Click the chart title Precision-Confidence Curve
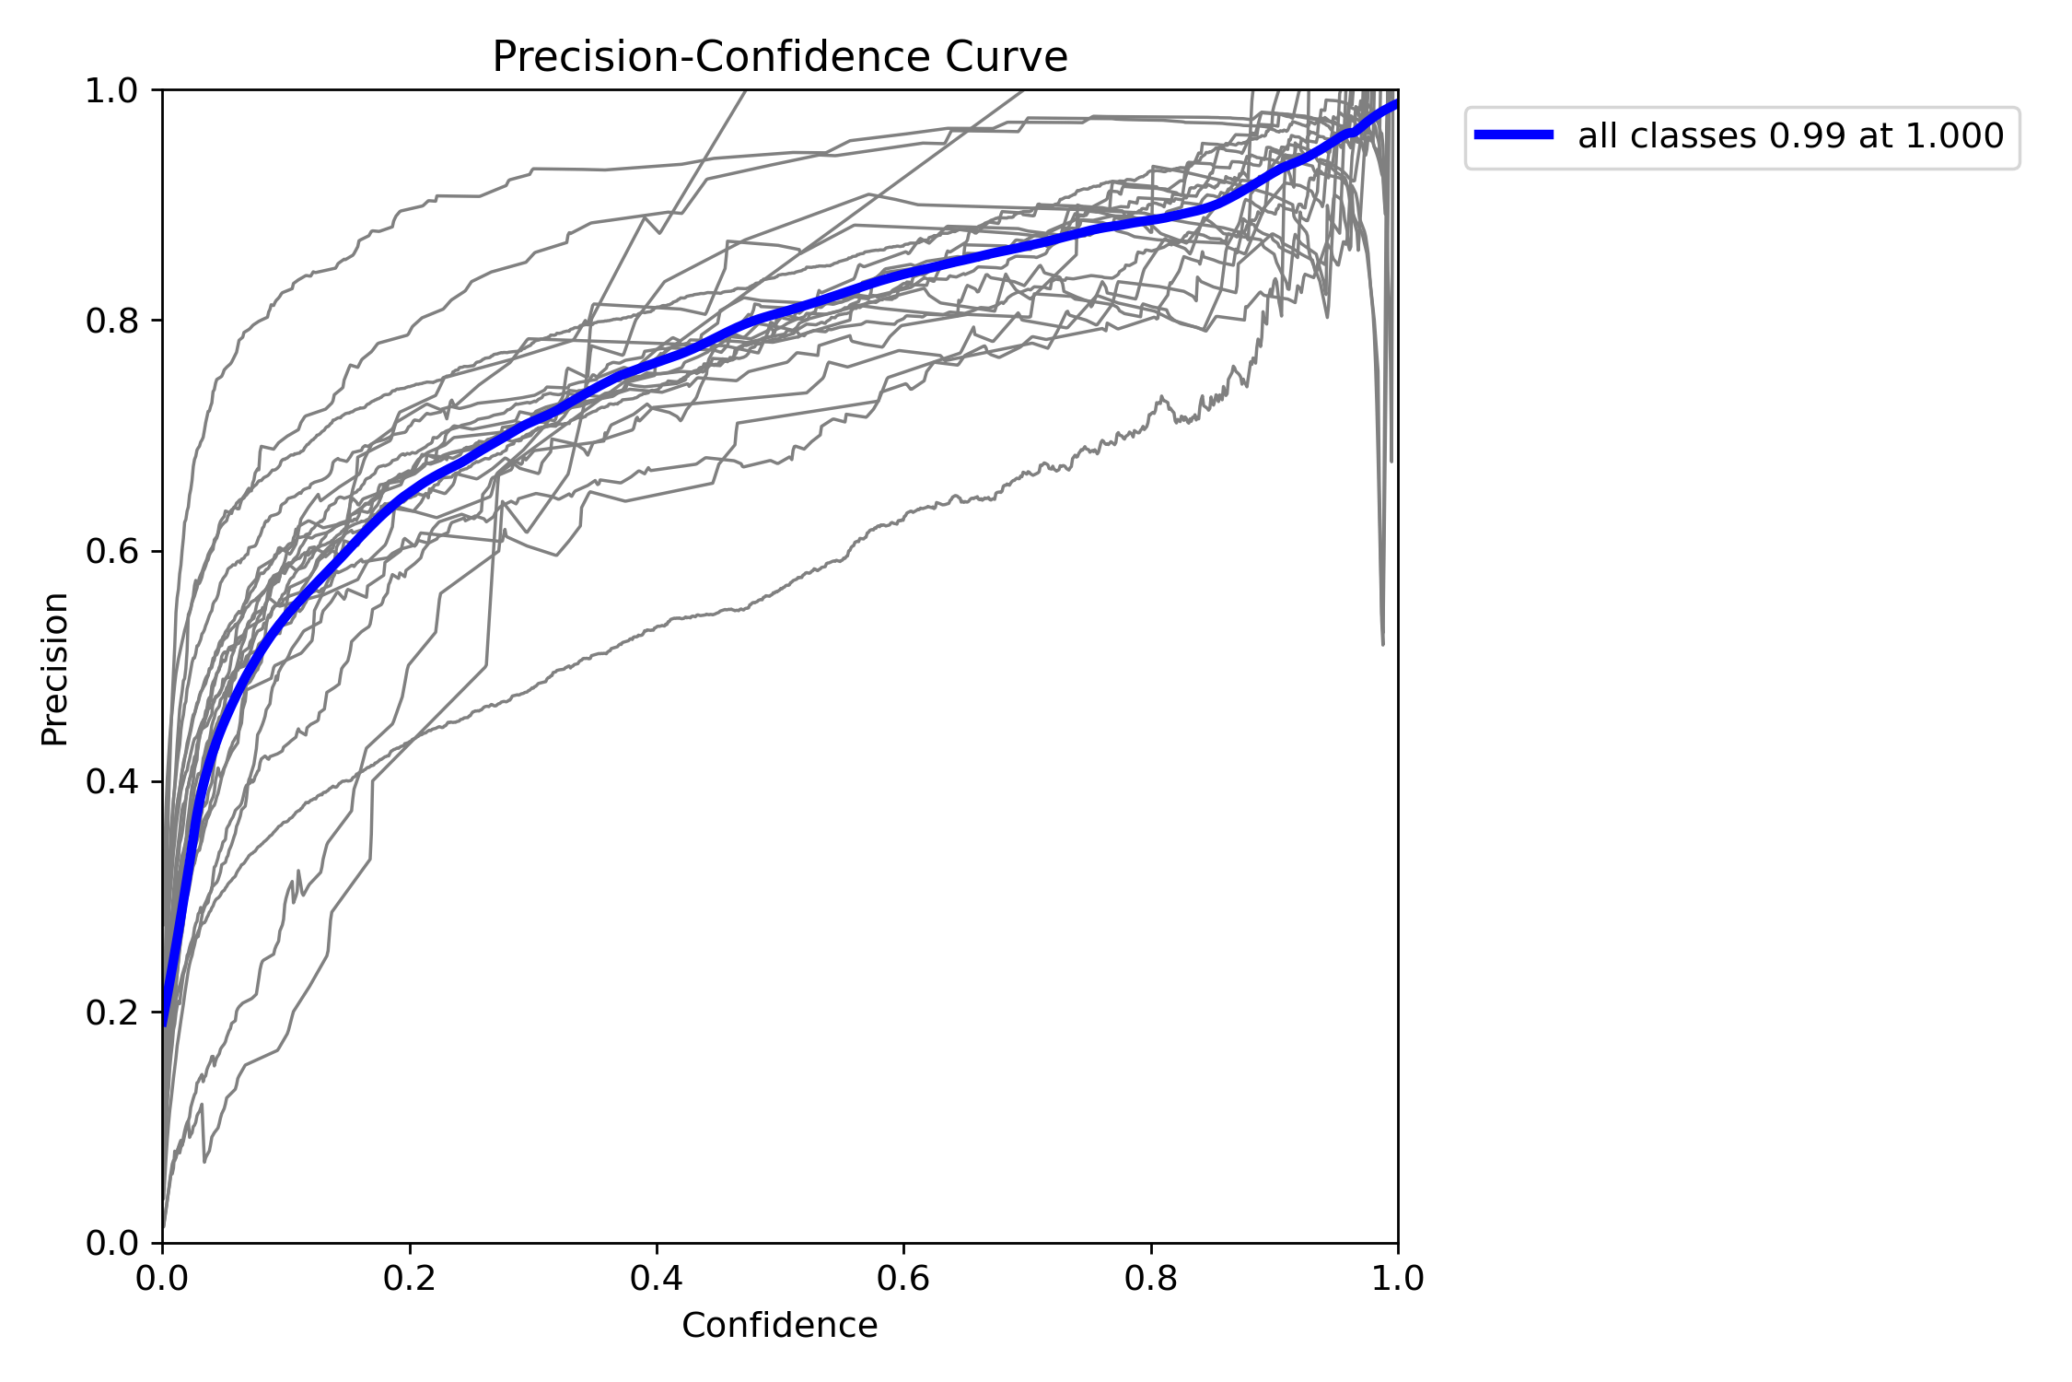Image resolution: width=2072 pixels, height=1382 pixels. (x=779, y=57)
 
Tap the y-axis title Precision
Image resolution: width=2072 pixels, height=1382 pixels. (x=55, y=668)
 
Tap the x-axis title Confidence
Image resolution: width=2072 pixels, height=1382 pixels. (x=779, y=1325)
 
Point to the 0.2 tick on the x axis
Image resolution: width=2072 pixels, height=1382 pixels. (x=409, y=1279)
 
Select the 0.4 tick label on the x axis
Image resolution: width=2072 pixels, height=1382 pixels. (x=656, y=1279)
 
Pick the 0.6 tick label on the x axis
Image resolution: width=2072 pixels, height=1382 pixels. (x=903, y=1279)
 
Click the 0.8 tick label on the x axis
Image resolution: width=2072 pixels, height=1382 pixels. (x=1150, y=1279)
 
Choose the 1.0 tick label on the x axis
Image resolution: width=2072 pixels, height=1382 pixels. (x=1397, y=1279)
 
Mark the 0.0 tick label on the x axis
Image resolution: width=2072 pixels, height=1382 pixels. (x=162, y=1279)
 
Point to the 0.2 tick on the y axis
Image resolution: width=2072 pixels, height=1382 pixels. (x=111, y=1013)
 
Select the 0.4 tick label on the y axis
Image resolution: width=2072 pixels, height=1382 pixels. (x=111, y=782)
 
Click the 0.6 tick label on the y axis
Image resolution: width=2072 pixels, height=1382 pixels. (x=111, y=552)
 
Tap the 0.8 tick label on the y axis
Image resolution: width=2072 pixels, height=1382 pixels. (x=111, y=322)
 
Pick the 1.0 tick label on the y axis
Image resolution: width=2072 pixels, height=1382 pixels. (x=111, y=91)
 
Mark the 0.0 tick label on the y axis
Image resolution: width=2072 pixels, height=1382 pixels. (x=111, y=1243)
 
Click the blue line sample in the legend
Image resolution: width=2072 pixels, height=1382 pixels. (x=1514, y=135)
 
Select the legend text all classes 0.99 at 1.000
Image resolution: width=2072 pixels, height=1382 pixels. (x=1790, y=136)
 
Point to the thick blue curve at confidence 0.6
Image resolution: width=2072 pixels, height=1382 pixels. (x=903, y=271)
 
